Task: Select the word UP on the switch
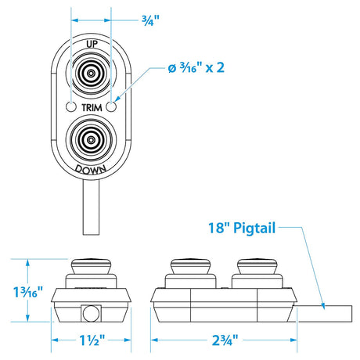(x=92, y=45)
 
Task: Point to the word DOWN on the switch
(x=92, y=167)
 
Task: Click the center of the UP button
(x=92, y=75)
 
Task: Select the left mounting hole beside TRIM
(x=72, y=106)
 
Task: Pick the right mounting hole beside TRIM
(x=113, y=106)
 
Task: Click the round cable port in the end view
(x=88, y=313)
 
